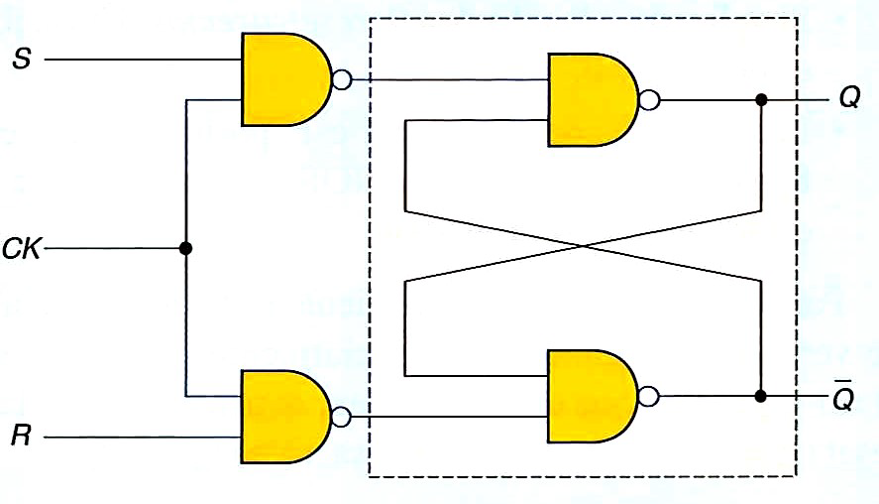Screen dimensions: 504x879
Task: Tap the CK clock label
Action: tap(21, 248)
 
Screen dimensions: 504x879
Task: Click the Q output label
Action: tap(848, 99)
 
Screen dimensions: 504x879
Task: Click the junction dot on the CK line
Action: tap(185, 248)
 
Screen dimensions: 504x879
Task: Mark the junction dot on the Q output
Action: tap(761, 100)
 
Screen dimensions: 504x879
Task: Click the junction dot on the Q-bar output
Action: tap(761, 397)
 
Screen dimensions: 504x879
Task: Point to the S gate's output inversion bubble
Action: tap(342, 79)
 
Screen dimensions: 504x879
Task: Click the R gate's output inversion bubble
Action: tap(342, 417)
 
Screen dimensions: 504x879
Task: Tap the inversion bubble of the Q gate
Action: tap(649, 100)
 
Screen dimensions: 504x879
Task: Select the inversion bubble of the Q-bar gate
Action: tap(649, 397)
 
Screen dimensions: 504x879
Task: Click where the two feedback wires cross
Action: tap(583, 246)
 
